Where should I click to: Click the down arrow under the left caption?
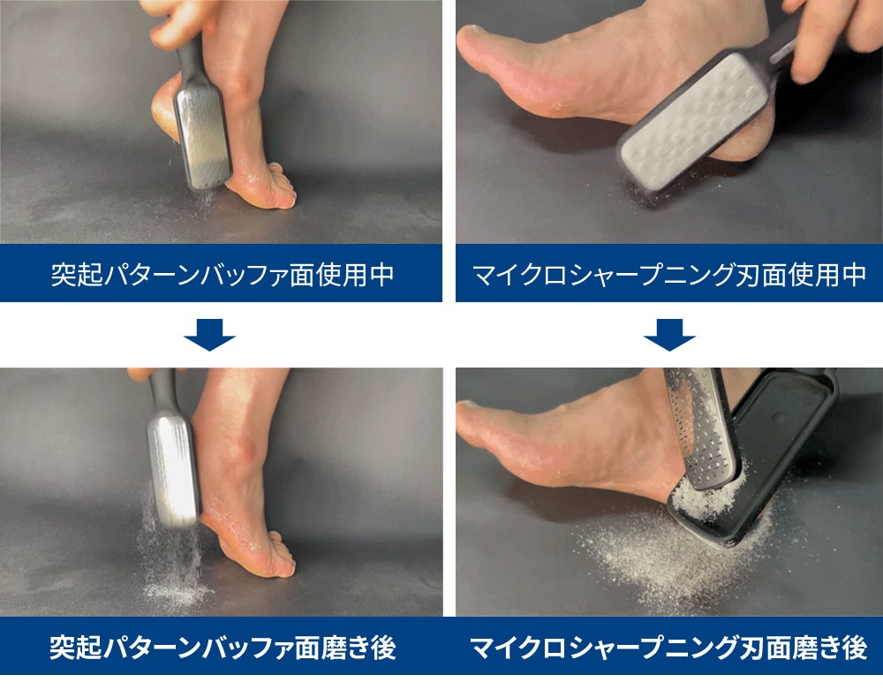[x=209, y=335]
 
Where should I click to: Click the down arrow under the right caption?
[x=669, y=335]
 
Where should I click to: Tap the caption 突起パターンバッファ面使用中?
[x=222, y=274]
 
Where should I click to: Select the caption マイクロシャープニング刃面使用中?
[x=669, y=274]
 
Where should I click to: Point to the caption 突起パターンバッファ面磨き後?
[x=223, y=648]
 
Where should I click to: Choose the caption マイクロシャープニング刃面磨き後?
[x=668, y=648]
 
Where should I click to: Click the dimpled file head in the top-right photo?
[x=694, y=122]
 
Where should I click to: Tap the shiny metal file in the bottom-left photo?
[x=173, y=468]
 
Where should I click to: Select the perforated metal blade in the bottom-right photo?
[x=702, y=428]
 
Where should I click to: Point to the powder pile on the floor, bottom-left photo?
[x=176, y=591]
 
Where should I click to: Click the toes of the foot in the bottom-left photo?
[x=278, y=555]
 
